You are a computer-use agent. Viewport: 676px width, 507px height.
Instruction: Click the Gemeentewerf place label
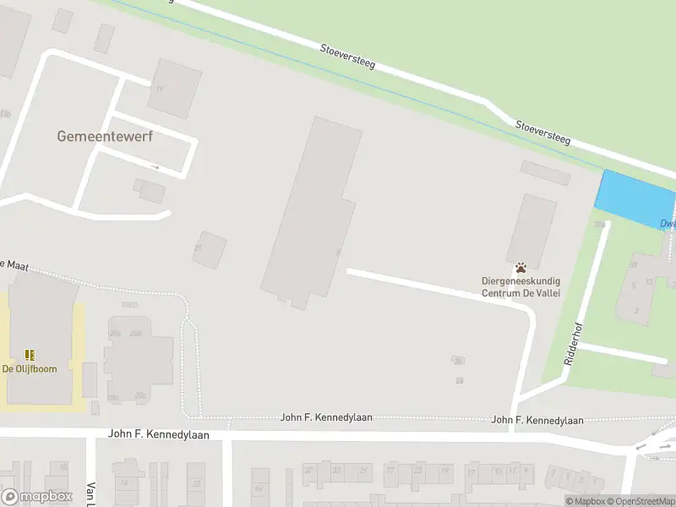[x=105, y=136]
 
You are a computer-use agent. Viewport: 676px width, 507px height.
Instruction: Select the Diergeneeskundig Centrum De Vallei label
[x=521, y=286]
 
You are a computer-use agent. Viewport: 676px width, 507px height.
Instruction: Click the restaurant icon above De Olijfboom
[x=30, y=356]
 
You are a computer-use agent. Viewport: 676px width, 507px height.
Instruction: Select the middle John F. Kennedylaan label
[x=326, y=417]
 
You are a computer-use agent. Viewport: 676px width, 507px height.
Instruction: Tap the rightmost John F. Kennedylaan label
[x=537, y=420]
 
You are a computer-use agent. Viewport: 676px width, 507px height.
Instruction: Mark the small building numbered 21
[x=209, y=250]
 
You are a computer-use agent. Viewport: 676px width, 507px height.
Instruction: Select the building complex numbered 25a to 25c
[x=138, y=359]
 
